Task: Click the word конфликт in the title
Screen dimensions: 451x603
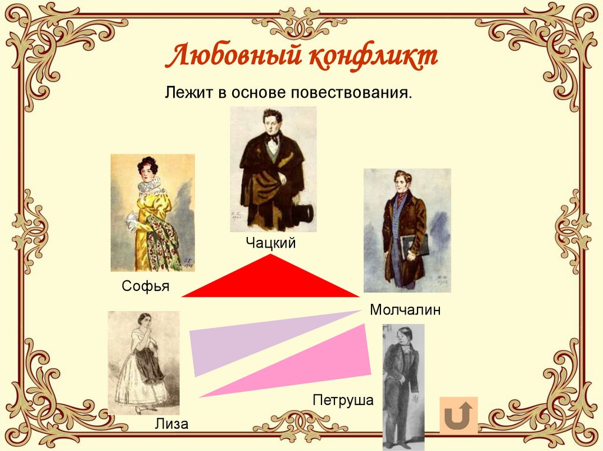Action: click(373, 58)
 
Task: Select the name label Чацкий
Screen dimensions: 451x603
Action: click(270, 242)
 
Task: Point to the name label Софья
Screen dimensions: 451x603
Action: click(145, 286)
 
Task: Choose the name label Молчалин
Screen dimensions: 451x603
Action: click(405, 310)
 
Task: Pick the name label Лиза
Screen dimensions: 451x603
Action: click(171, 423)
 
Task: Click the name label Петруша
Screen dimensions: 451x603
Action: click(343, 400)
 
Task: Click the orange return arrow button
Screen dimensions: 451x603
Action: click(458, 416)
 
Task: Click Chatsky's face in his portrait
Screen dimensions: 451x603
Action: click(271, 122)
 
